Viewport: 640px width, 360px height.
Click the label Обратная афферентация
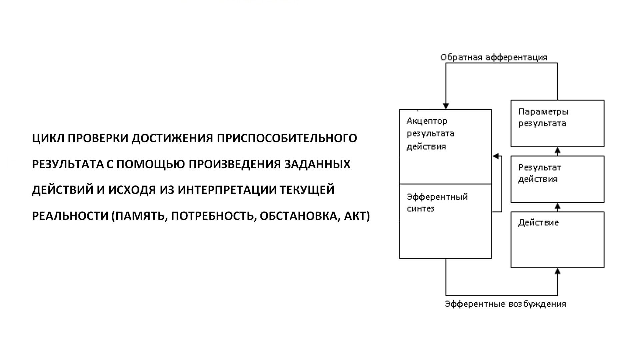point(494,58)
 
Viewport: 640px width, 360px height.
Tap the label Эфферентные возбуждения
point(505,304)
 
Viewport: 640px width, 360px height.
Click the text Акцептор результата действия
point(430,134)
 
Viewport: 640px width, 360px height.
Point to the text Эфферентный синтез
point(437,203)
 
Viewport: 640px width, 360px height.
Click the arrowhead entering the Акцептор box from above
point(446,106)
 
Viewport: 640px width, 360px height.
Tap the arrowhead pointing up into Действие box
point(557,271)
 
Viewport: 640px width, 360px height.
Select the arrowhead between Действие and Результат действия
point(557,207)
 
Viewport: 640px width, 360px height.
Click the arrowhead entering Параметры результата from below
point(557,151)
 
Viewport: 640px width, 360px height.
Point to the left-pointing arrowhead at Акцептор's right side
point(496,156)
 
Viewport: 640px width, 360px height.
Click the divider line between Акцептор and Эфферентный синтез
point(445,184)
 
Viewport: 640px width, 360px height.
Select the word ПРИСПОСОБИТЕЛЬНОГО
point(287,138)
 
